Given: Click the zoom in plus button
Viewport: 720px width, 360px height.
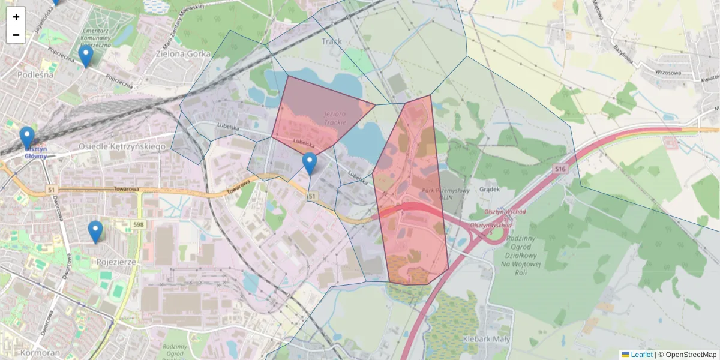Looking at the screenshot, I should (16, 17).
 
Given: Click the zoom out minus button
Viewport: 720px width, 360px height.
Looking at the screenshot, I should (16, 35).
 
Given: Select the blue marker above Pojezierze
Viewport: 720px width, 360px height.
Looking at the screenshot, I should (95, 232).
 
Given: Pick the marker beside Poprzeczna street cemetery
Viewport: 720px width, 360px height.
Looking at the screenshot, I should (86, 56).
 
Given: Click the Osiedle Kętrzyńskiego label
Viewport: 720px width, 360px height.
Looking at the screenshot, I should (122, 146).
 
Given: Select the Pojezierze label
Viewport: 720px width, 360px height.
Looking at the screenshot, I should (116, 262).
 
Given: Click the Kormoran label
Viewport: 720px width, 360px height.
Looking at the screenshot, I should (40, 352).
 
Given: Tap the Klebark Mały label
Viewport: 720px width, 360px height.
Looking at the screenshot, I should (486, 339).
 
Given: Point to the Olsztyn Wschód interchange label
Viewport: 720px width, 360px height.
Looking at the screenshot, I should (505, 212).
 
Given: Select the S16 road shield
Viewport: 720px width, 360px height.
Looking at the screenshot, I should (560, 170).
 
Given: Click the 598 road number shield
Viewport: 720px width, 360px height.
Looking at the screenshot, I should (139, 224).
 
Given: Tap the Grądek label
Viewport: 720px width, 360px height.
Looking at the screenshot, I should (490, 189).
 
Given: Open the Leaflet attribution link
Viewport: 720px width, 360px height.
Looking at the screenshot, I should (641, 355).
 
